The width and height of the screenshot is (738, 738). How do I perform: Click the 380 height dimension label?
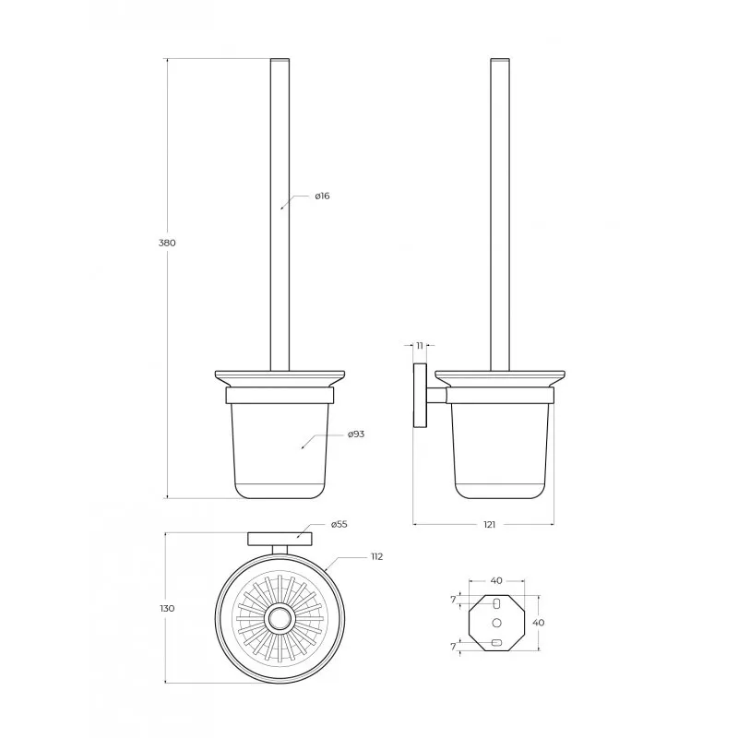pos(167,243)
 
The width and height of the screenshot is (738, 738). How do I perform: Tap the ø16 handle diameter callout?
pos(322,196)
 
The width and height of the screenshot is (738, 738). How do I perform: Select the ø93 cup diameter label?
pos(356,434)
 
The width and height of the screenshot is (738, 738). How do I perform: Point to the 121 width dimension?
pos(490,524)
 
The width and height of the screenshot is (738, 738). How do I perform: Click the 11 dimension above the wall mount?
pos(420,345)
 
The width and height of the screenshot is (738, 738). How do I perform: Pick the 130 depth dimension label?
pos(167,608)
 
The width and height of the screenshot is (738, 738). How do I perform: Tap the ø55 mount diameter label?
pos(339,524)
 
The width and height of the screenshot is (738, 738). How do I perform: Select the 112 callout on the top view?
pos(376,557)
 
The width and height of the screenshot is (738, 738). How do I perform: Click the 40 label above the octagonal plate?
pos(496,580)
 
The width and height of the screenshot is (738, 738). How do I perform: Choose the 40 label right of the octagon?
pos(539,622)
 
